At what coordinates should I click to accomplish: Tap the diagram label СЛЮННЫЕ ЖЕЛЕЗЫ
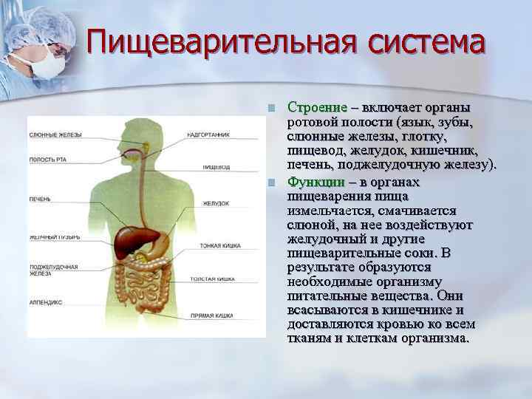point(55,134)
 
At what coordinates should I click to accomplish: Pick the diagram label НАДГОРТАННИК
point(209,134)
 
